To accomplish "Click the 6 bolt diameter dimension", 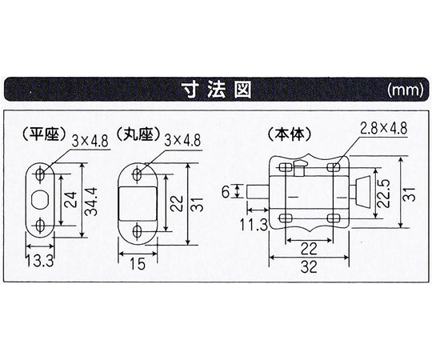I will (226, 192).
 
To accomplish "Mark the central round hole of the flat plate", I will (41, 198).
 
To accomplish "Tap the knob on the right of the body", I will (361, 193).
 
